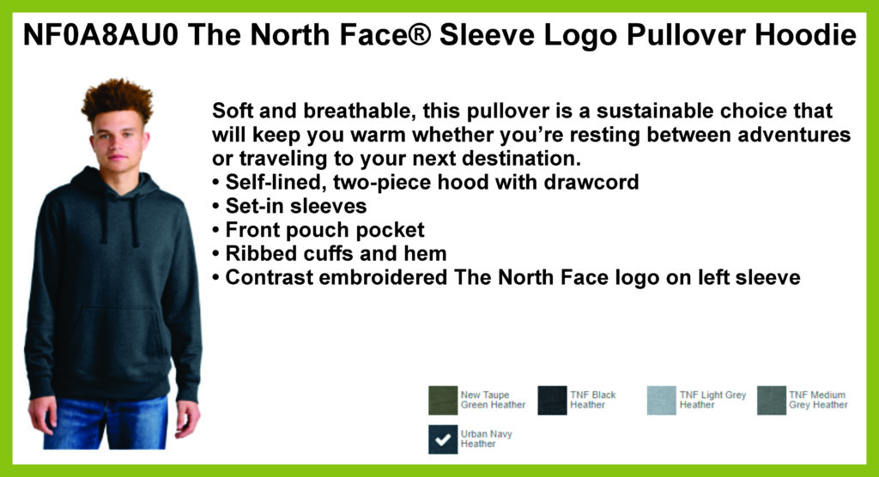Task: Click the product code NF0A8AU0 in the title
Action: [101, 35]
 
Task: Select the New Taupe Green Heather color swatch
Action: [443, 400]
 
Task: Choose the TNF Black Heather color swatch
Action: [552, 400]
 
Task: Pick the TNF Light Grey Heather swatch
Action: [662, 400]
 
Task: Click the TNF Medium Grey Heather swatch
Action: [772, 400]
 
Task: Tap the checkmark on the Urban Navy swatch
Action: [443, 439]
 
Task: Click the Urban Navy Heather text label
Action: [486, 439]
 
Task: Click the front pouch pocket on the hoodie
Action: [116, 336]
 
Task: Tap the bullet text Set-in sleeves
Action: [296, 206]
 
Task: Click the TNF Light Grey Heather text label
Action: [712, 400]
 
